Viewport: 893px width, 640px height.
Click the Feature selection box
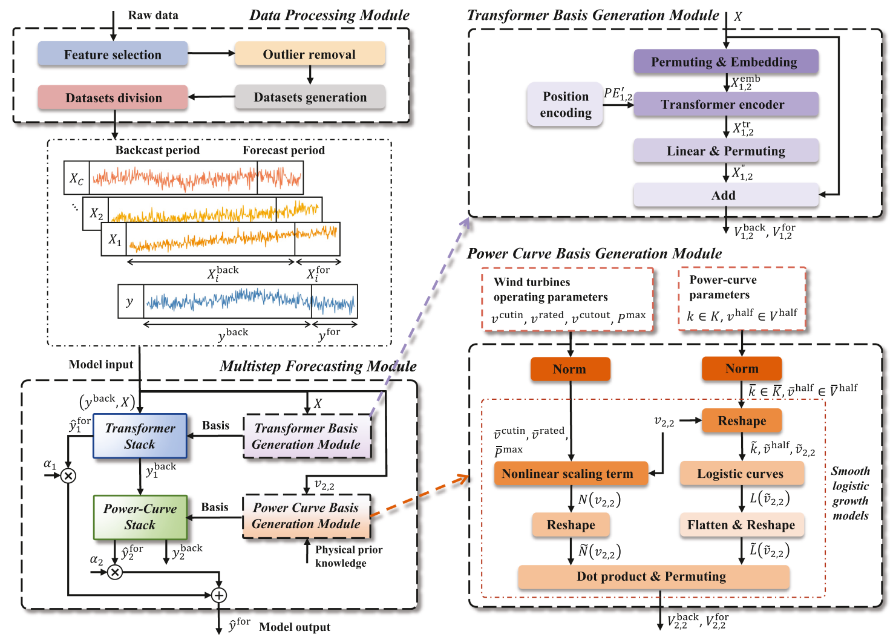pos(113,54)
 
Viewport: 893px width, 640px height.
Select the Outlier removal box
pos(309,54)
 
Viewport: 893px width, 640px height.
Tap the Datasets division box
pos(113,97)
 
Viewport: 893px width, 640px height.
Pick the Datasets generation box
pos(310,97)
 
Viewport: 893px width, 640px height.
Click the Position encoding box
pos(565,105)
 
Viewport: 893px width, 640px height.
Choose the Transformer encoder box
pos(725,105)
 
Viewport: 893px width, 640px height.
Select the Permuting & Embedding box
pos(725,62)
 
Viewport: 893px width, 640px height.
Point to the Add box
pos(725,195)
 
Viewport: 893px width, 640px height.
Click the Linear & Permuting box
pos(725,151)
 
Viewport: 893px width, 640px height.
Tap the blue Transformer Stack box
pos(140,436)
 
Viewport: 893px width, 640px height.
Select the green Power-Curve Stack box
pos(140,517)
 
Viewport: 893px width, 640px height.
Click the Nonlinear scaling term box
pos(571,474)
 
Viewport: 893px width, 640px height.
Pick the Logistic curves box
pos(742,474)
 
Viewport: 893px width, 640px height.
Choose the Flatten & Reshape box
pos(742,525)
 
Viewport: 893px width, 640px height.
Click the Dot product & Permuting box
pos(653,576)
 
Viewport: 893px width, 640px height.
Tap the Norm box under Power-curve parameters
pos(742,368)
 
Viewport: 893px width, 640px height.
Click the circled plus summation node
pos(219,595)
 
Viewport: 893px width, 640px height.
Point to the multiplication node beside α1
pos(68,475)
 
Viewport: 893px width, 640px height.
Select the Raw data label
pos(153,15)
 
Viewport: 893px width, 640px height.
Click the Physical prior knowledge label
pos(348,556)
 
